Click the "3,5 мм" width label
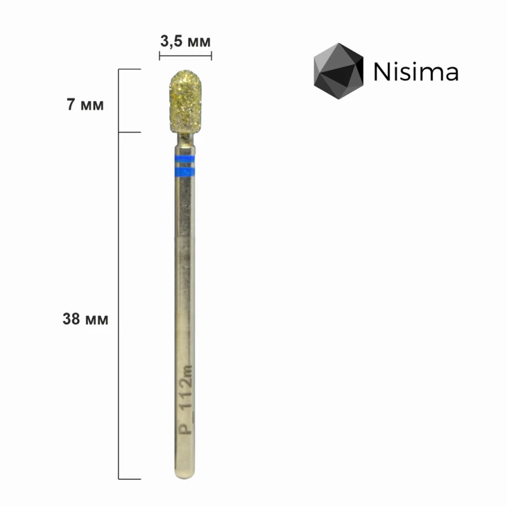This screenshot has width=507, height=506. [x=185, y=42]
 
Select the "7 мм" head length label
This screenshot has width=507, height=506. [x=85, y=105]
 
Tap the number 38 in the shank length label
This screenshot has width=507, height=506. [x=71, y=319]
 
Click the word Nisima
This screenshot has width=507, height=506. [x=416, y=72]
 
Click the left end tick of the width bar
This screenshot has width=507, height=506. [x=159, y=57]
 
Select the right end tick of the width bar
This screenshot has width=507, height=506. [x=211, y=57]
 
